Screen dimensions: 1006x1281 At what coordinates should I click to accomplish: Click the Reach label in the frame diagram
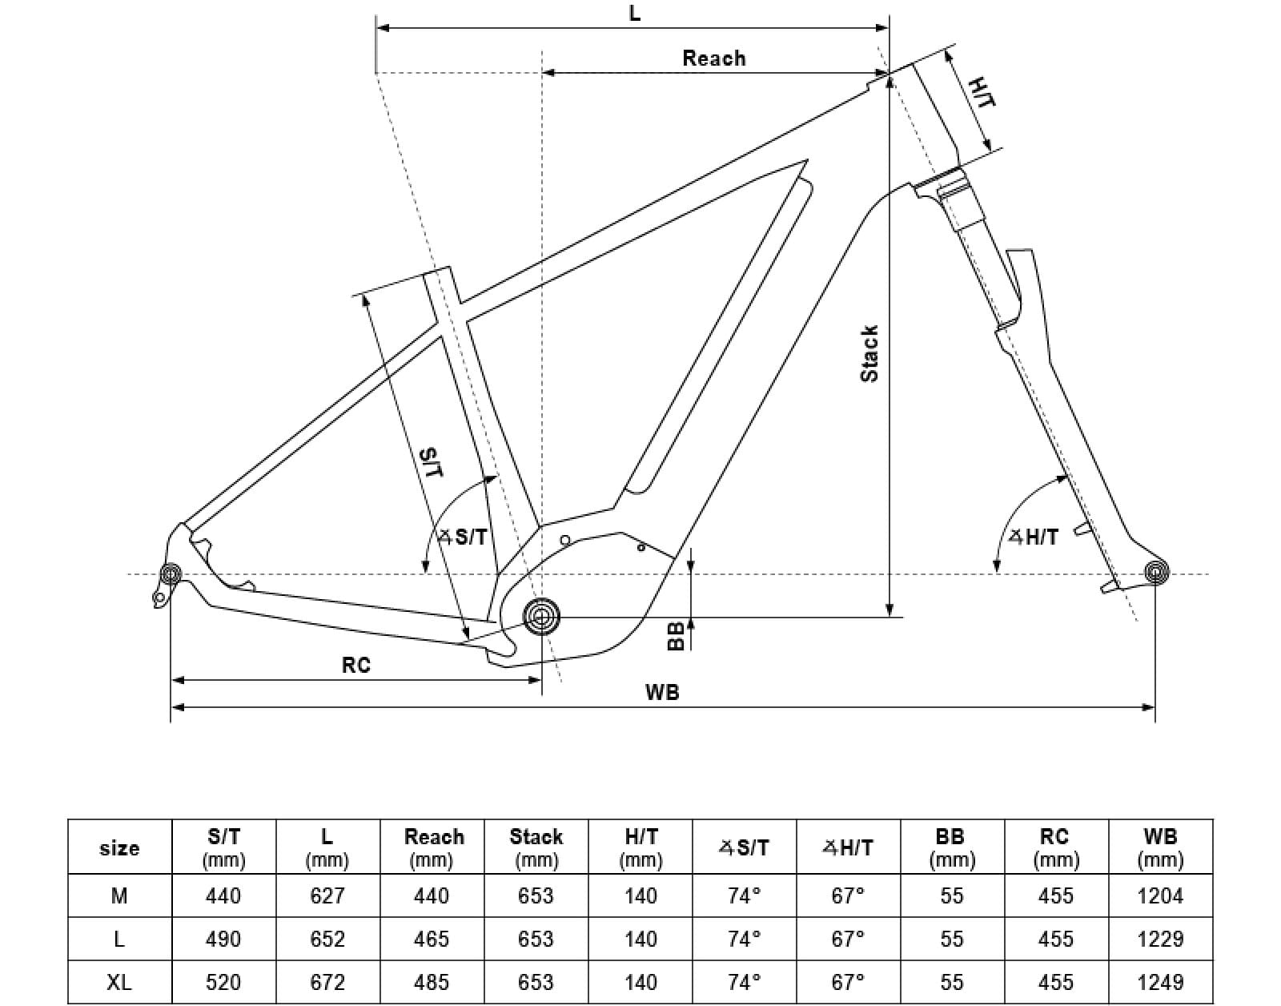pyautogui.click(x=713, y=58)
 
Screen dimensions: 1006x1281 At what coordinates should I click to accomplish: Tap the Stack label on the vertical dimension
pyautogui.click(x=869, y=353)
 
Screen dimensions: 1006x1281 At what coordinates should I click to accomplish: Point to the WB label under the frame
pyautogui.click(x=662, y=692)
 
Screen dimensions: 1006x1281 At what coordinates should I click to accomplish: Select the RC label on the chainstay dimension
pyautogui.click(x=356, y=665)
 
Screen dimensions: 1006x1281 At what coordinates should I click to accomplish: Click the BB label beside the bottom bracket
pyautogui.click(x=677, y=636)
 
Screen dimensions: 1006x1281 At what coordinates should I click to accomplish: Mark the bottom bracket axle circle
pyautogui.click(x=542, y=617)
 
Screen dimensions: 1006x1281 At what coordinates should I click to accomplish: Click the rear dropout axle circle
pyautogui.click(x=171, y=573)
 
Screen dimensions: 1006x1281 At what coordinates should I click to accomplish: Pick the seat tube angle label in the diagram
pyautogui.click(x=464, y=537)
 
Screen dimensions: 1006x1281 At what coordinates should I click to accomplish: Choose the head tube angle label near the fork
pyautogui.click(x=1034, y=537)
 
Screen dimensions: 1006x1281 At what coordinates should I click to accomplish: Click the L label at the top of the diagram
pyautogui.click(x=635, y=14)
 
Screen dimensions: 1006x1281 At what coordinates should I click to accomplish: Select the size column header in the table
pyautogui.click(x=119, y=847)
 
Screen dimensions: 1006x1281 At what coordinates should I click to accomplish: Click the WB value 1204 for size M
pyautogui.click(x=1160, y=895)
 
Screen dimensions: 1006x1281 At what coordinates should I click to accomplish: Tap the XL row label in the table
pyautogui.click(x=119, y=982)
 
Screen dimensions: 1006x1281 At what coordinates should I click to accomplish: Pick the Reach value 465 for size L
pyautogui.click(x=432, y=939)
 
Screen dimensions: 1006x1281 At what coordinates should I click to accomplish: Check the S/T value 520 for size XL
pyautogui.click(x=223, y=982)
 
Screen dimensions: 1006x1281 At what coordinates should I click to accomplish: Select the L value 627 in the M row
pyautogui.click(x=327, y=895)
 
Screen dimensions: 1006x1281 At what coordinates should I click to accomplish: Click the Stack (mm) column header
pyautogui.click(x=536, y=847)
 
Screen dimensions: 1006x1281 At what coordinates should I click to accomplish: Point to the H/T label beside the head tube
pyautogui.click(x=982, y=93)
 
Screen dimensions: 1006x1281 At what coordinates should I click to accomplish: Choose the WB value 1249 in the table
pyautogui.click(x=1160, y=982)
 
